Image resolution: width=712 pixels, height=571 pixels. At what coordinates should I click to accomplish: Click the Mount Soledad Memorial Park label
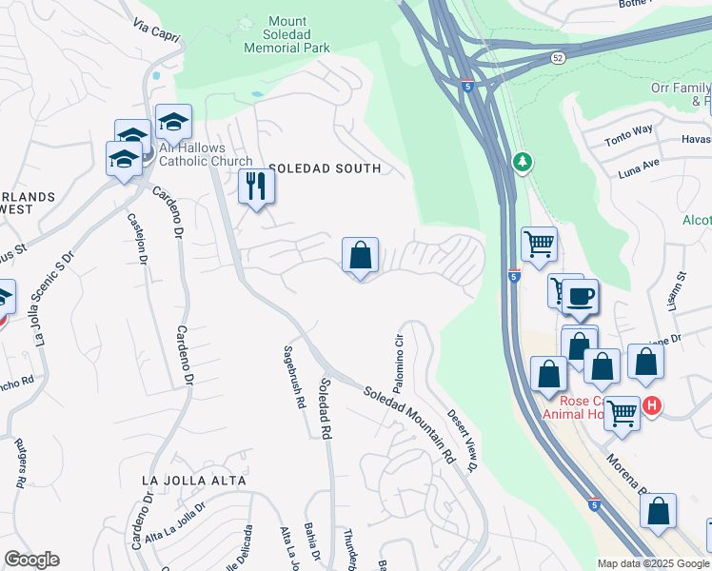pyautogui.click(x=287, y=34)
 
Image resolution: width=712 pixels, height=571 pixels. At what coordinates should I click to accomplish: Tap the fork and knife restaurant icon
pyautogui.click(x=255, y=185)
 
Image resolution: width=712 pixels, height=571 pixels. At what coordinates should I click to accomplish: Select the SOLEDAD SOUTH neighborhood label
pyautogui.click(x=325, y=168)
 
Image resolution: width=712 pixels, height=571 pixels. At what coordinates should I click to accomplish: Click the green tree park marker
pyautogui.click(x=522, y=163)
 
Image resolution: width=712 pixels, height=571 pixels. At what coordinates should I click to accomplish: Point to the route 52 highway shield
pyautogui.click(x=557, y=59)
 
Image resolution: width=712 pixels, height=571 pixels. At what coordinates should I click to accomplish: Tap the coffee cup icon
pyautogui.click(x=579, y=295)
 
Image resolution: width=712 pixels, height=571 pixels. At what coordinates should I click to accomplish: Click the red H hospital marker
pyautogui.click(x=652, y=405)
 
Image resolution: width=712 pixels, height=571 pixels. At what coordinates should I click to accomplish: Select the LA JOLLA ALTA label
pyautogui.click(x=193, y=481)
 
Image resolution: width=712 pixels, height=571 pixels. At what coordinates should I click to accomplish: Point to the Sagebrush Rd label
pyautogui.click(x=295, y=376)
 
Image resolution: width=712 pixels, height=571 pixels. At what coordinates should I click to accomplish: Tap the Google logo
pyautogui.click(x=31, y=560)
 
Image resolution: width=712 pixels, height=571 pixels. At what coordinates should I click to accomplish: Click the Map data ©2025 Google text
pyautogui.click(x=653, y=563)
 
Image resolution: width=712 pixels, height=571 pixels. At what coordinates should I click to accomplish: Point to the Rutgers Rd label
pyautogui.click(x=20, y=463)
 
